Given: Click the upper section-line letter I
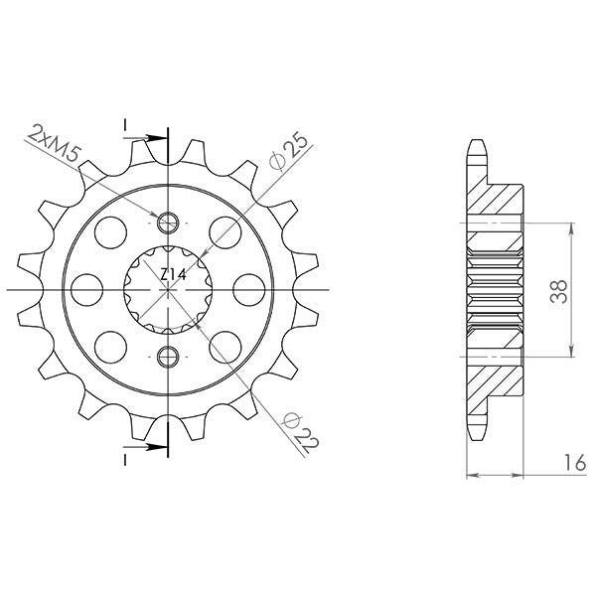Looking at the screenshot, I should (x=127, y=123).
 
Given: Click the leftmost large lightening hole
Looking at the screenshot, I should (x=88, y=288).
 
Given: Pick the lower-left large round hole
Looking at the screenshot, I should (x=111, y=345).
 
